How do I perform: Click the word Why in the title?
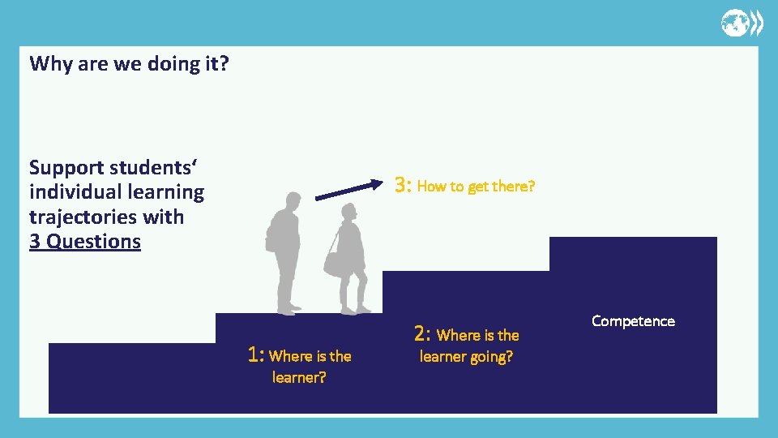tap(50, 63)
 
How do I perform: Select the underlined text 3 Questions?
tap(85, 242)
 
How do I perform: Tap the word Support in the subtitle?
tap(66, 168)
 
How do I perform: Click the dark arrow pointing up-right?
tap(348, 190)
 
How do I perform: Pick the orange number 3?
tap(403, 185)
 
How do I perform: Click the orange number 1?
tap(256, 354)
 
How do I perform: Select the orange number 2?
tap(422, 333)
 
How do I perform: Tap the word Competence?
tap(633, 321)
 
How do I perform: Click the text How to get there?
tap(477, 187)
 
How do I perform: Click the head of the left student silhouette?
tap(293, 199)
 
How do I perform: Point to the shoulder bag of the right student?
tap(333, 261)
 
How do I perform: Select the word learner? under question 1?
tap(299, 377)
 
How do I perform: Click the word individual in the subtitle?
tap(74, 192)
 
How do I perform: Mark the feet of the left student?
tap(289, 309)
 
